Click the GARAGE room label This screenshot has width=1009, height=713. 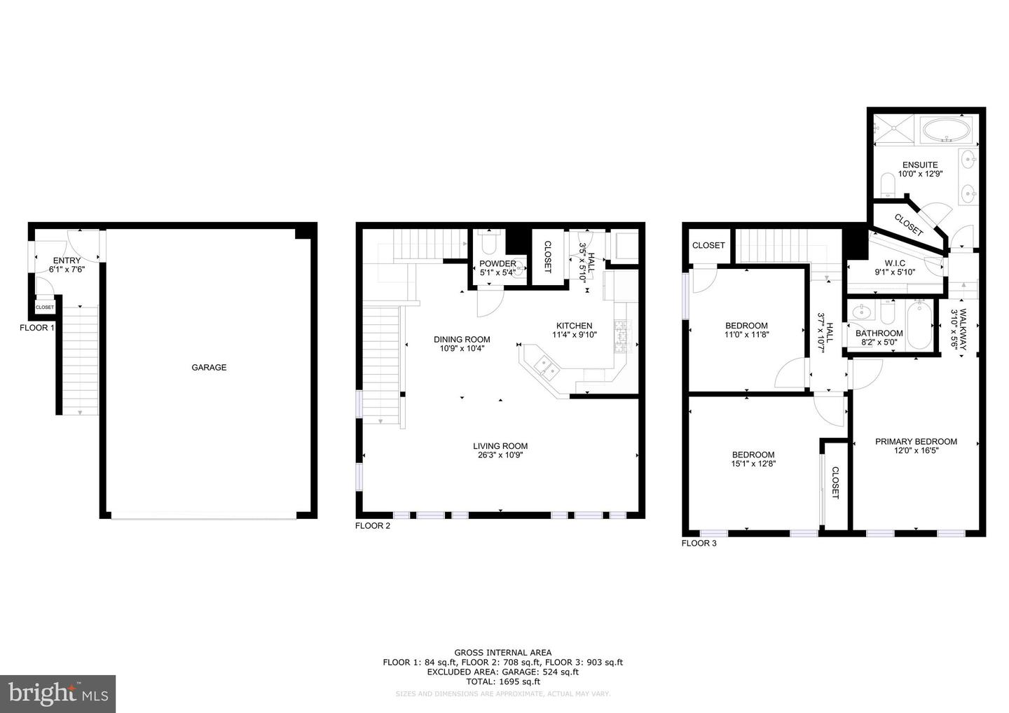(x=209, y=367)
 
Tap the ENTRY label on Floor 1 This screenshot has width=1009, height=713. (x=67, y=261)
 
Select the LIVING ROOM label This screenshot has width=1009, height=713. (x=500, y=446)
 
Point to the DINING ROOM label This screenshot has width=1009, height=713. (x=462, y=340)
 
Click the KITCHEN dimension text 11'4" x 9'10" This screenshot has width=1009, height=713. (x=575, y=335)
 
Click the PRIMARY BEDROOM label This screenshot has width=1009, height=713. (x=916, y=441)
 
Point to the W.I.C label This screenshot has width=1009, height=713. (x=895, y=263)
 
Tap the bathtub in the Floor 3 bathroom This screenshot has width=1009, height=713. (x=919, y=325)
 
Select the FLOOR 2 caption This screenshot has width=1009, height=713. (x=373, y=526)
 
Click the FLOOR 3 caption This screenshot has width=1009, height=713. (x=699, y=544)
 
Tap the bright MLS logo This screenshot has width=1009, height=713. (x=57, y=693)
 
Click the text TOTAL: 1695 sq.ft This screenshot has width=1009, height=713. (x=502, y=681)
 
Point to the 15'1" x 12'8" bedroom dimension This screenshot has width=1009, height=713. (x=754, y=463)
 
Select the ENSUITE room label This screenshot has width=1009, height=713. (x=920, y=165)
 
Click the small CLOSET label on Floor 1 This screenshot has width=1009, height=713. (x=45, y=307)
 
